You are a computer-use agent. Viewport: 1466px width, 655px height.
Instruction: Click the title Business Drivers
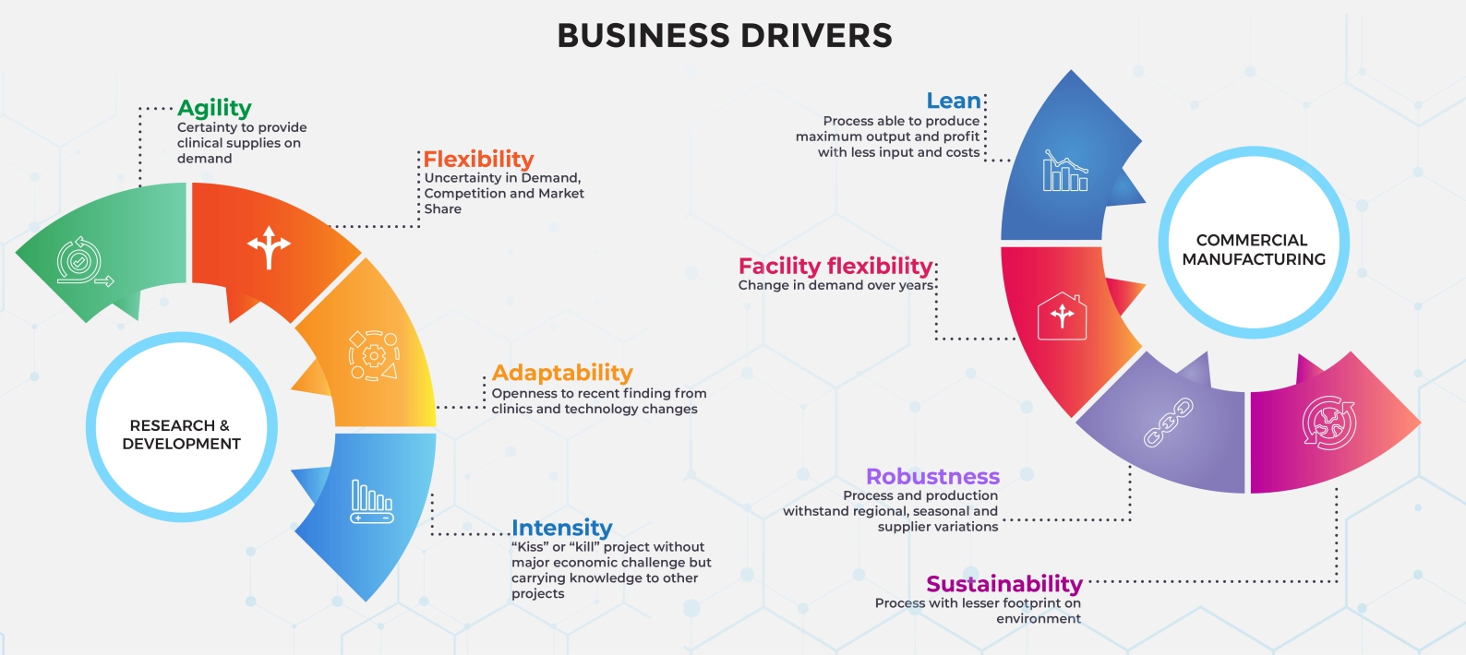[x=725, y=36]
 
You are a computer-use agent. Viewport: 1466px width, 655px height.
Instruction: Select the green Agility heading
[x=214, y=108]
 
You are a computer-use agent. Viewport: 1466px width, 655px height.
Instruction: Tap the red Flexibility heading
[x=478, y=160]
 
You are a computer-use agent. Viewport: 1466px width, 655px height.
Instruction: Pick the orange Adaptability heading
[x=562, y=373]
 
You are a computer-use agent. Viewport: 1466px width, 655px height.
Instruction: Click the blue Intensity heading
[x=561, y=528]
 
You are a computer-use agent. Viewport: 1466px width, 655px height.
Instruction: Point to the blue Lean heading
[x=954, y=101]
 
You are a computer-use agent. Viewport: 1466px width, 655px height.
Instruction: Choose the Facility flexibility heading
[x=835, y=266]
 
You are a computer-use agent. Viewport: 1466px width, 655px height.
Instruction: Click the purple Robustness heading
[x=932, y=476]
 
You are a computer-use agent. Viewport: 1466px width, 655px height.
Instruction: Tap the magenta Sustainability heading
[x=1003, y=584]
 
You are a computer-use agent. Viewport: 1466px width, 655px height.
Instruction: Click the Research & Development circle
[x=182, y=434]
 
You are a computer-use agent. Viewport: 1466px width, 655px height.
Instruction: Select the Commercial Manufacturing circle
[x=1253, y=249]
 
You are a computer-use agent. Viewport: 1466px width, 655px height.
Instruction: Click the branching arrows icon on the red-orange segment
[x=269, y=246]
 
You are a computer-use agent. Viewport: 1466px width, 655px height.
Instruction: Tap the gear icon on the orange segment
[x=374, y=355]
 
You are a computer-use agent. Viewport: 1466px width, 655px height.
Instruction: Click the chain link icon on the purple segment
[x=1169, y=423]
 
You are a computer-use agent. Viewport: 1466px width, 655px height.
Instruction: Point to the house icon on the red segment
[x=1062, y=316]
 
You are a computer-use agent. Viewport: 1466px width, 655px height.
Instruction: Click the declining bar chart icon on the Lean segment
[x=1064, y=171]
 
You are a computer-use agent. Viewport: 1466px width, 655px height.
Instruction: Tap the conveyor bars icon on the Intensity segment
[x=372, y=501]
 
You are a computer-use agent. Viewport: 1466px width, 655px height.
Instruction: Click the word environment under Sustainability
[x=1038, y=619]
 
